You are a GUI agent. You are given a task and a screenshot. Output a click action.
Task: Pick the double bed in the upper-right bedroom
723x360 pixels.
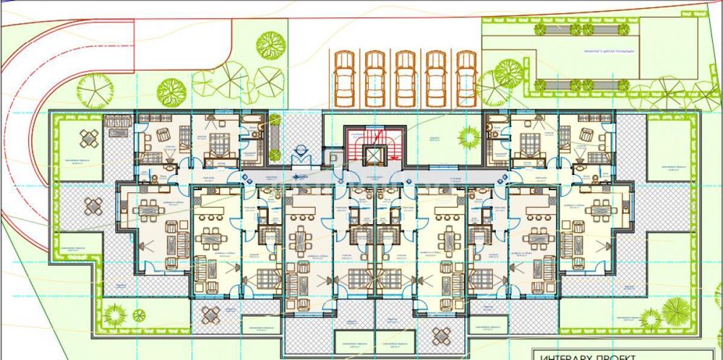531,142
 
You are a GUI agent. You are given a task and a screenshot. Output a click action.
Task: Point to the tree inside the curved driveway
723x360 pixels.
95,89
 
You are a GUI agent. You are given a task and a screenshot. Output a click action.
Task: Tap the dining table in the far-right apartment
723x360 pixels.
599,209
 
